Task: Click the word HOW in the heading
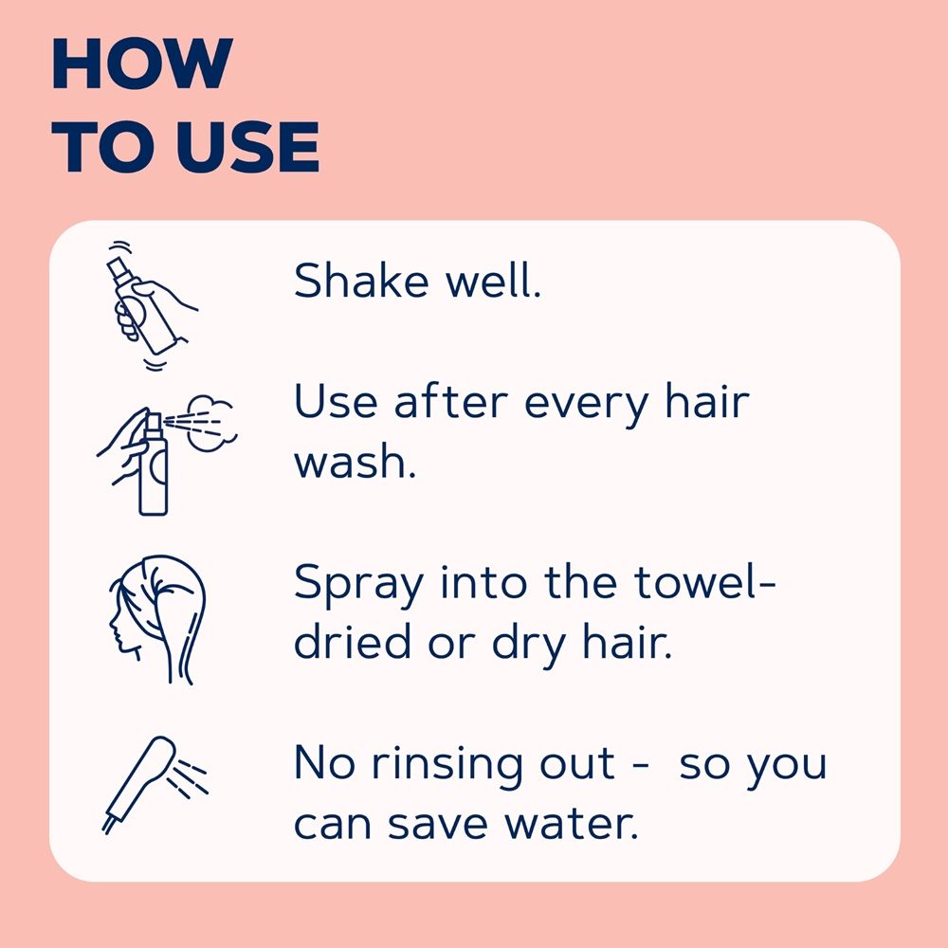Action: tap(142, 64)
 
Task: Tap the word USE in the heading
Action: tap(247, 146)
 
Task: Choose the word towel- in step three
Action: tap(704, 581)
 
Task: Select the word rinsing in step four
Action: tap(447, 766)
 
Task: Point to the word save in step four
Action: tap(438, 826)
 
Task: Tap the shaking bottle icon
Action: tap(150, 305)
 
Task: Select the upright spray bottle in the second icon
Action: tap(154, 465)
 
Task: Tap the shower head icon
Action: tap(155, 785)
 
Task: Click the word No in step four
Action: tap(324, 762)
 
